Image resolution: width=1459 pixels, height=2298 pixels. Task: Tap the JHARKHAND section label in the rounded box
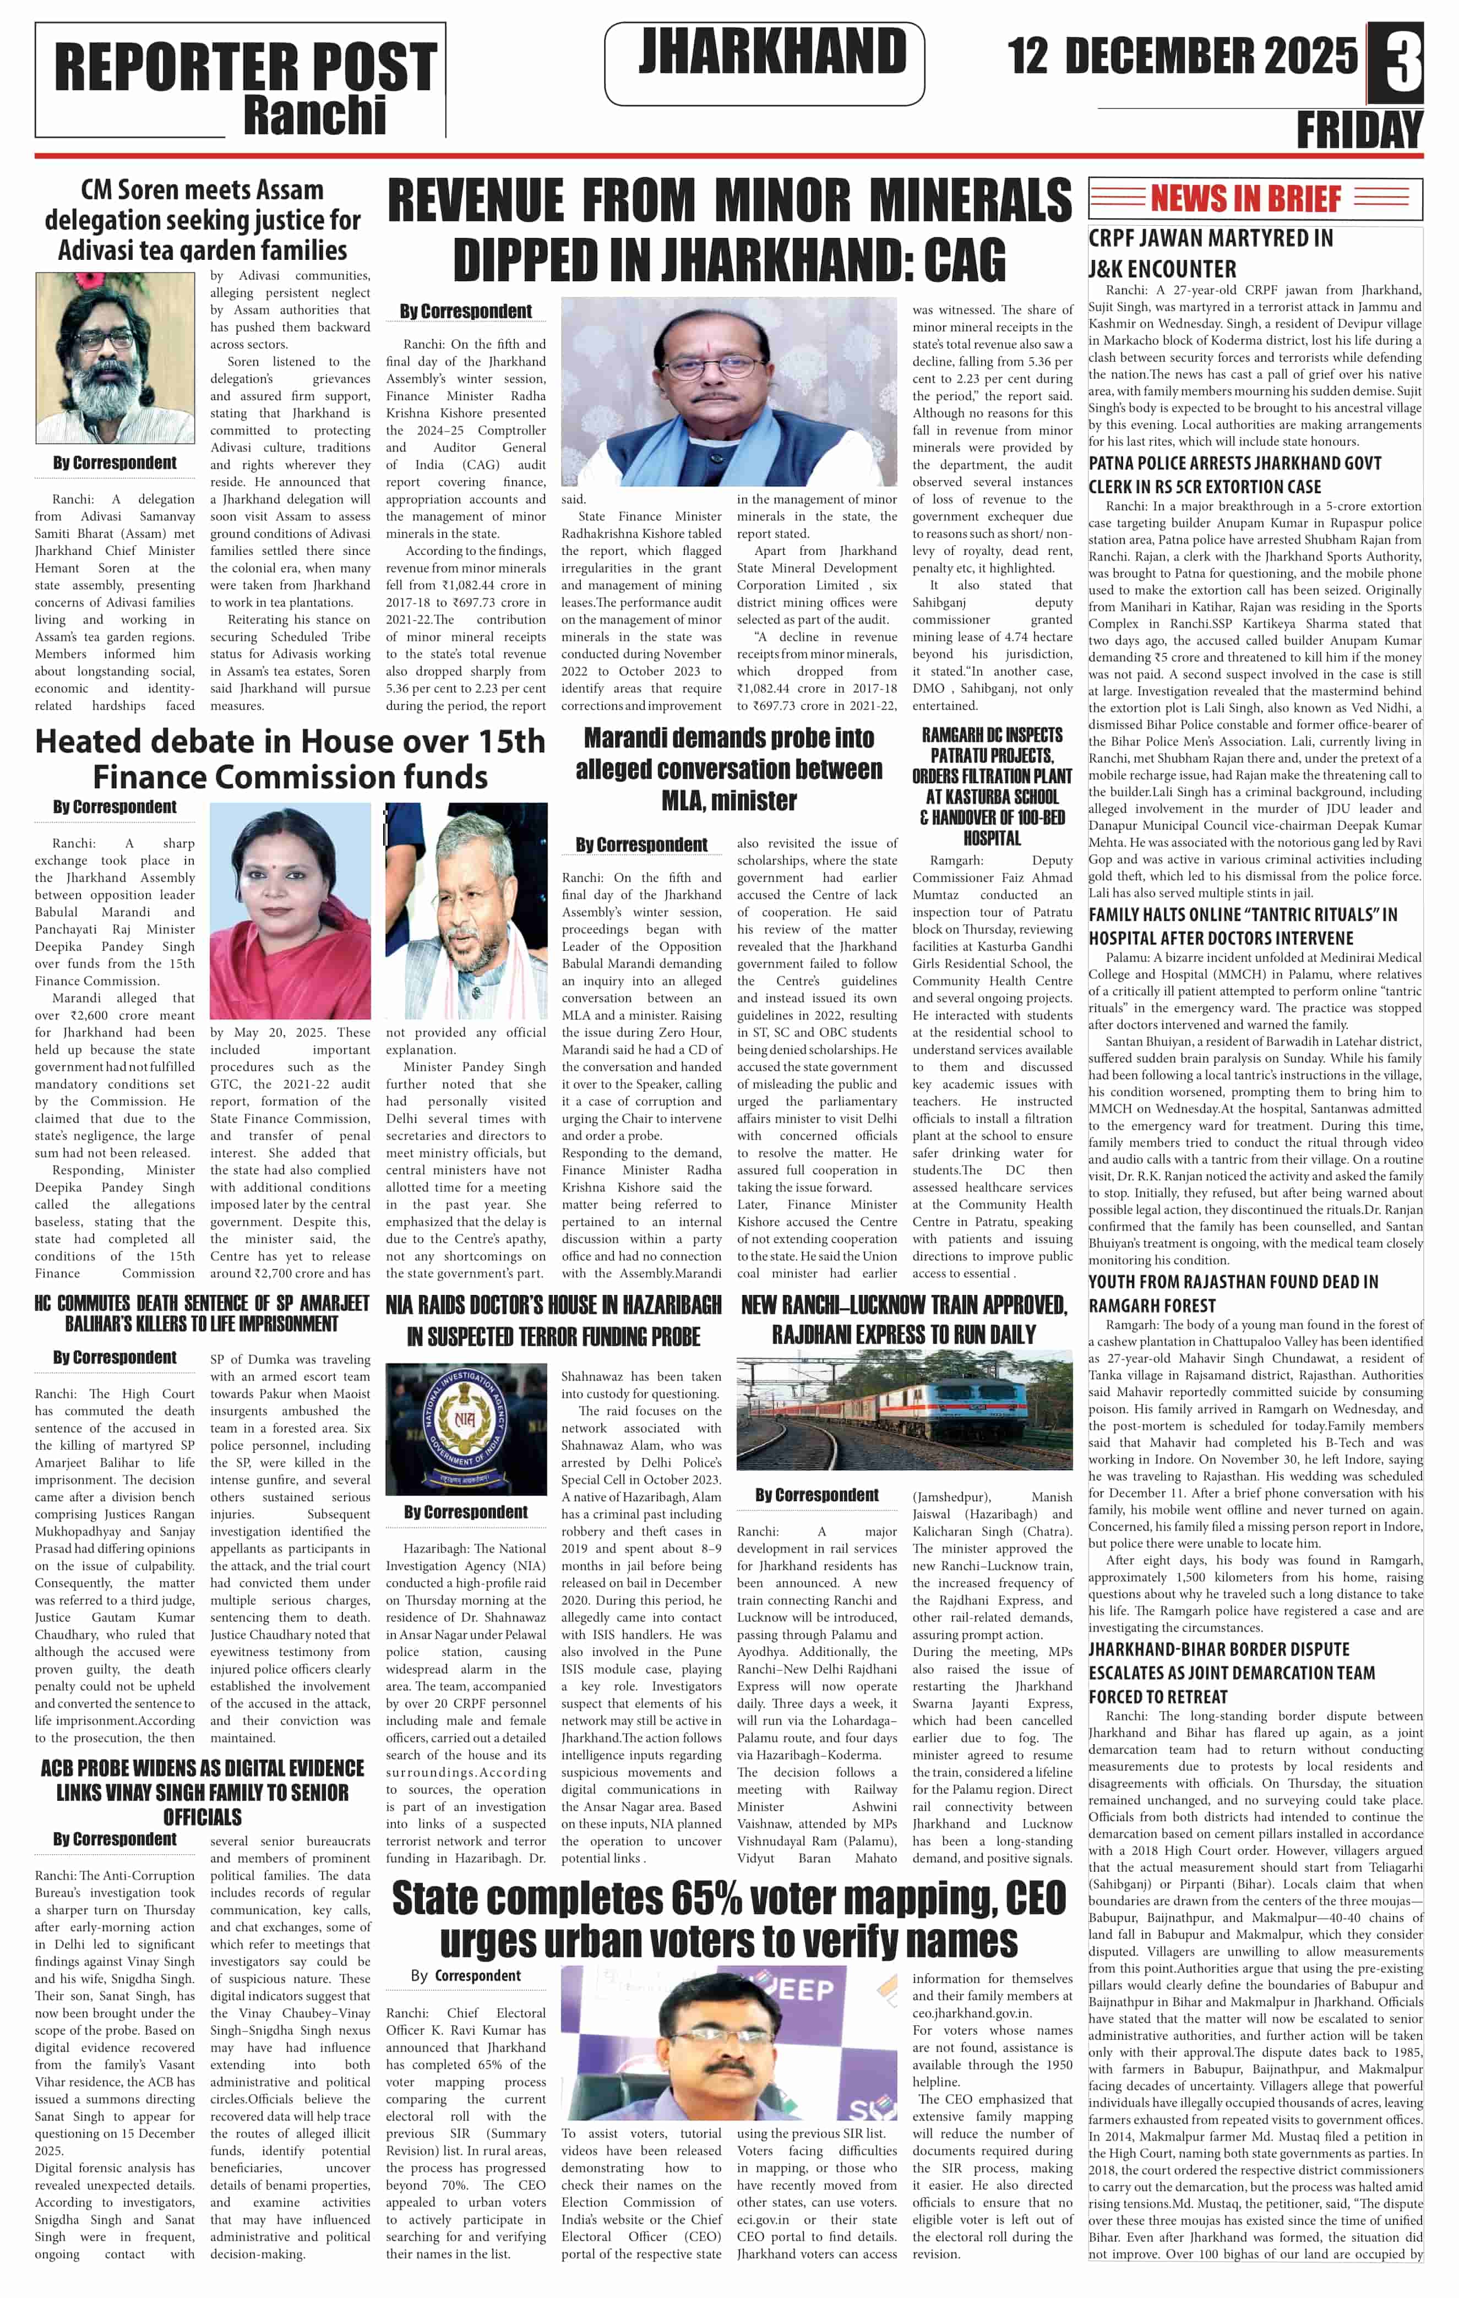pos(772,52)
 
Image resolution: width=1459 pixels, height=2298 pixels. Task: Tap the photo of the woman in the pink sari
pos(290,911)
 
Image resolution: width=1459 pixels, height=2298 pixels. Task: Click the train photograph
pos(903,1415)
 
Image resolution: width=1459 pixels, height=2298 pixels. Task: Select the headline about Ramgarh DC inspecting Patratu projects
pos(992,786)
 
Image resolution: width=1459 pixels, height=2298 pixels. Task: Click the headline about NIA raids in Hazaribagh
pos(553,1320)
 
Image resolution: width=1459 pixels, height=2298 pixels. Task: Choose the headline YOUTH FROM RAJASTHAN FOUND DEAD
pos(1233,1293)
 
